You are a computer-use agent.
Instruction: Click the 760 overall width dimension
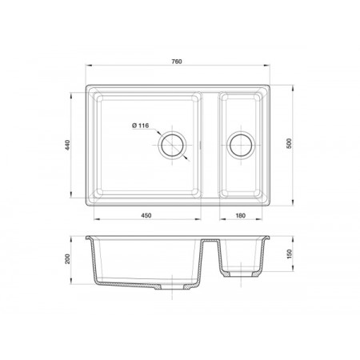177,62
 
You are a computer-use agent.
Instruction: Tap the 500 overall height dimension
289,143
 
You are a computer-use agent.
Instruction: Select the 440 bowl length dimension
67,145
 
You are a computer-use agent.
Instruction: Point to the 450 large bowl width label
146,215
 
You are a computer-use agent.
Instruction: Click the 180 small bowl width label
241,215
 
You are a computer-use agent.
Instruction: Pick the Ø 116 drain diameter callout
140,126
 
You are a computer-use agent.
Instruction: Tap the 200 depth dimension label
67,258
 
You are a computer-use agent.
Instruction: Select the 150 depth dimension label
290,254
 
